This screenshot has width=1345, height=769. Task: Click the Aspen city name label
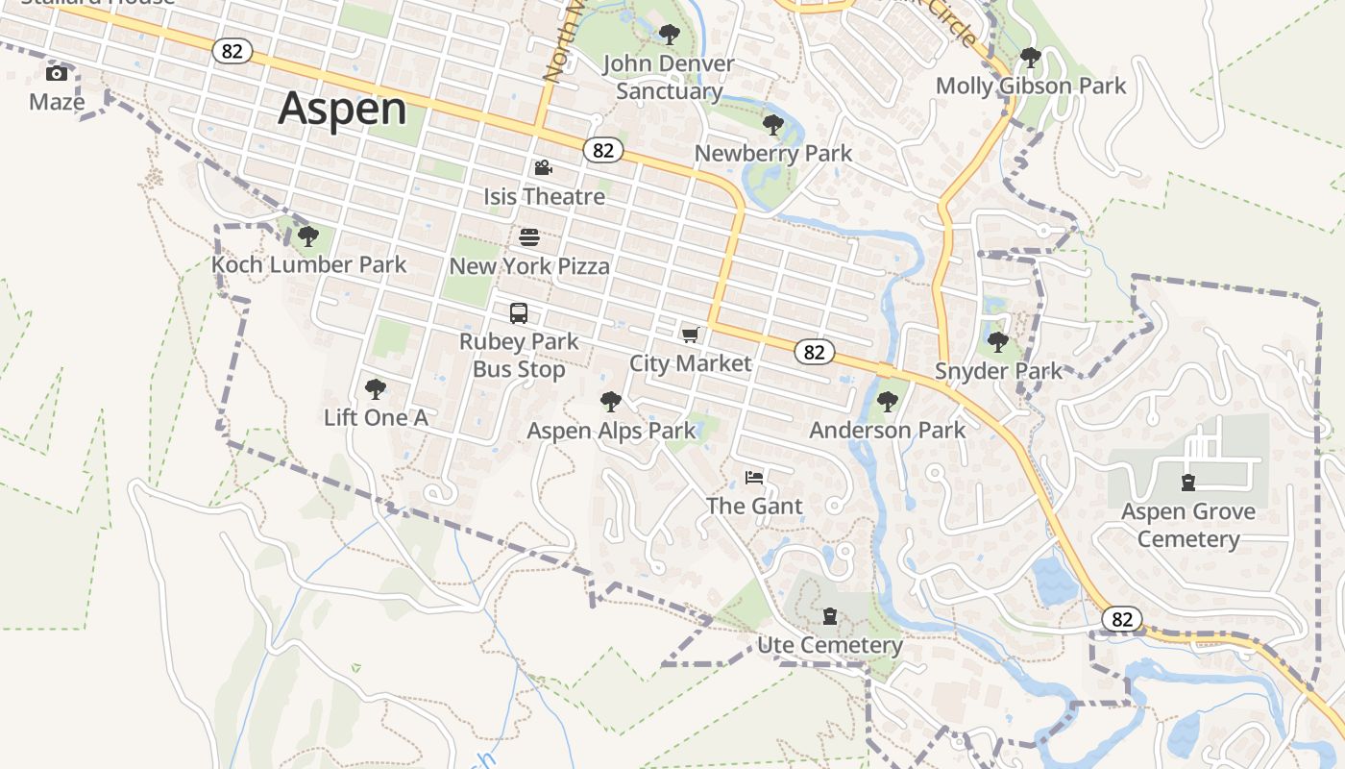click(x=342, y=109)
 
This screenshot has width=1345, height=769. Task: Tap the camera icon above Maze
click(x=57, y=74)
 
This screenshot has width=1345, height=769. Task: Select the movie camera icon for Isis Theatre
click(x=543, y=168)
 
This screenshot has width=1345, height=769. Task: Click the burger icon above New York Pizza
click(x=529, y=237)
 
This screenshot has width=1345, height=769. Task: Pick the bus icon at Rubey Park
click(x=519, y=313)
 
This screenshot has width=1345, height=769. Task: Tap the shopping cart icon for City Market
click(x=690, y=335)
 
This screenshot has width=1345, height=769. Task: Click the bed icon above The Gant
click(x=754, y=478)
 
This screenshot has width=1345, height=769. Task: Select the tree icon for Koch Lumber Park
click(x=307, y=236)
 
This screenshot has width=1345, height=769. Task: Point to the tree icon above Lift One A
click(x=376, y=389)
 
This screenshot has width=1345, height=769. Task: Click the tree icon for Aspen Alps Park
click(x=610, y=402)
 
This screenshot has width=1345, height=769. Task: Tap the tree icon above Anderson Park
click(x=887, y=402)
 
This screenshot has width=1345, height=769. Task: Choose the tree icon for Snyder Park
click(x=998, y=342)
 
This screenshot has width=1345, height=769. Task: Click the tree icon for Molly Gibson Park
click(x=1031, y=58)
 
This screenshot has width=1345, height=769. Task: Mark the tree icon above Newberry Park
click(x=772, y=125)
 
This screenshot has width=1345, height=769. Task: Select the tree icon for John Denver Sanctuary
click(x=669, y=36)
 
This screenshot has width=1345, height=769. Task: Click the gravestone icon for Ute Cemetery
click(x=830, y=616)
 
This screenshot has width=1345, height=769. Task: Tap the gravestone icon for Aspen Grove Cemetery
click(x=1188, y=483)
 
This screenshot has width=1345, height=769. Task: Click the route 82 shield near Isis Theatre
click(x=602, y=150)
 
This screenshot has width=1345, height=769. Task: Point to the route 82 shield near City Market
click(x=814, y=352)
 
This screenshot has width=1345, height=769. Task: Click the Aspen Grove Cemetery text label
click(x=1188, y=525)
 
